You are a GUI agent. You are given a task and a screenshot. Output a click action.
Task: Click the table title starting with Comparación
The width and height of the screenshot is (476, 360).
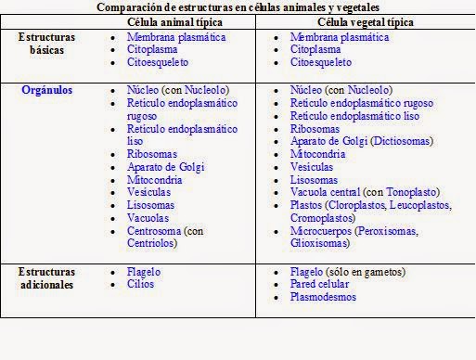(x=238, y=7)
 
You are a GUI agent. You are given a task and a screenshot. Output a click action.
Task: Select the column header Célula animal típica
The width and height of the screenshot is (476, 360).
(x=175, y=20)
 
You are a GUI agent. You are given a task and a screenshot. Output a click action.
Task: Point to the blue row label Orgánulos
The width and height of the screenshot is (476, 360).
(x=47, y=91)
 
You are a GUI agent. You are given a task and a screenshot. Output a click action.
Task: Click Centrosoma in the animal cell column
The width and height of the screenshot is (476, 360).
(x=154, y=230)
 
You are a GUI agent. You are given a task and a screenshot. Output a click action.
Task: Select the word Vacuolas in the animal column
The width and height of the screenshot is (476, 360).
(x=149, y=218)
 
